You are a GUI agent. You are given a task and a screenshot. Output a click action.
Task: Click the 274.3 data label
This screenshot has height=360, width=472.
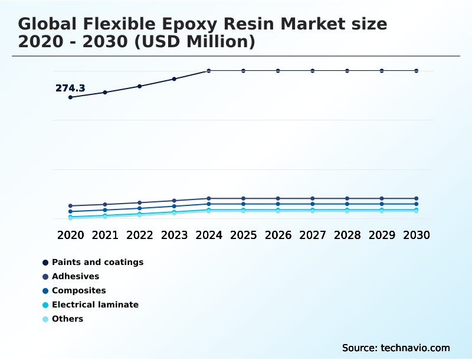pyautogui.click(x=70, y=89)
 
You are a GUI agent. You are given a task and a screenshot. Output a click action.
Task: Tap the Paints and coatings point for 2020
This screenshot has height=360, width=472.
pyautogui.click(x=70, y=97)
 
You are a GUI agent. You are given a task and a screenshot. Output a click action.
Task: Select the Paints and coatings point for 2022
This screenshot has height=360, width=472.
pyautogui.click(x=140, y=86)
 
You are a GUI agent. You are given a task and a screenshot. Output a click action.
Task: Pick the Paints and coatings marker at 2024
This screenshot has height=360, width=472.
pyautogui.click(x=209, y=71)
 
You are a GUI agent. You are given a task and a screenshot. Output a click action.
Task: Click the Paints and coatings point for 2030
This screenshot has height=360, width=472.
pyautogui.click(x=417, y=71)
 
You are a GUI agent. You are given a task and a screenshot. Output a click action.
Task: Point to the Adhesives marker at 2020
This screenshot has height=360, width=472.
pyautogui.click(x=70, y=206)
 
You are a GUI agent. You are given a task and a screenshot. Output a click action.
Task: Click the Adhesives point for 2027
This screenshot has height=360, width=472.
pyautogui.click(x=313, y=198)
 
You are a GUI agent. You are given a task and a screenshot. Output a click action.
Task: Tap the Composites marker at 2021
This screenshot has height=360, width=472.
pyautogui.click(x=105, y=210)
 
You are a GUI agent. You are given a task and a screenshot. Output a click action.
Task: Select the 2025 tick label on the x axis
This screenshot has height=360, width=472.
pyautogui.click(x=243, y=235)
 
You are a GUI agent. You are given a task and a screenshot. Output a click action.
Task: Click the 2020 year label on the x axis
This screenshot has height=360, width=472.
pyautogui.click(x=70, y=235)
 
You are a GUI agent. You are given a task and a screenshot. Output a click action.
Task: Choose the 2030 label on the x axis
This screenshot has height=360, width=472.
pyautogui.click(x=417, y=235)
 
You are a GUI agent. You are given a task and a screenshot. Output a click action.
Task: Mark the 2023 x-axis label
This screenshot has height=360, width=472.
pyautogui.click(x=174, y=235)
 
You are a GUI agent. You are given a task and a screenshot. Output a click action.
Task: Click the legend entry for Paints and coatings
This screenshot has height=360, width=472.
pyautogui.click(x=97, y=262)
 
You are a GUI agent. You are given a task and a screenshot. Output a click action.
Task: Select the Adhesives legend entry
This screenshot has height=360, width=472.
pyautogui.click(x=76, y=276)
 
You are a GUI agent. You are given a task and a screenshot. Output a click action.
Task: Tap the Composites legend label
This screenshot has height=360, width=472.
pyautogui.click(x=78, y=290)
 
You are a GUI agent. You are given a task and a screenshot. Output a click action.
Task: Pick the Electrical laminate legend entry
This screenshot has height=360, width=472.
pyautogui.click(x=95, y=305)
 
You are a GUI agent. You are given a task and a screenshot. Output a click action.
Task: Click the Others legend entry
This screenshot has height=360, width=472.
pyautogui.click(x=67, y=319)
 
